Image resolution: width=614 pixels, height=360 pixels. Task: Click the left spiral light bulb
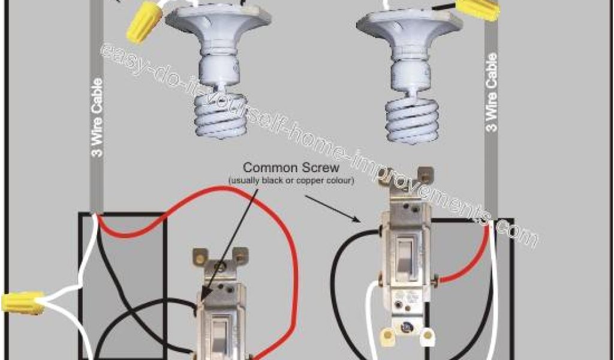tap(221, 116)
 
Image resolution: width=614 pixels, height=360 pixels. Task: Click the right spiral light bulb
tap(412, 119)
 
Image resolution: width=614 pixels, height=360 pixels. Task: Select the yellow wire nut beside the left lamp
tap(144, 22)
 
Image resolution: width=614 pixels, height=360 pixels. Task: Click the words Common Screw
tap(291, 167)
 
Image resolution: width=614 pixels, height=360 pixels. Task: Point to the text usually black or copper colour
tap(291, 181)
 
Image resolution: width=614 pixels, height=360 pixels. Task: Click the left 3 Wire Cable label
tap(98, 118)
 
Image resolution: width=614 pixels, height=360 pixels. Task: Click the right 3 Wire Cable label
tap(492, 92)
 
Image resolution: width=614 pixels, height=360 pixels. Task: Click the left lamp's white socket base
tap(218, 45)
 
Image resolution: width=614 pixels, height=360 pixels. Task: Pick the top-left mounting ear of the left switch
tap(200, 257)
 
